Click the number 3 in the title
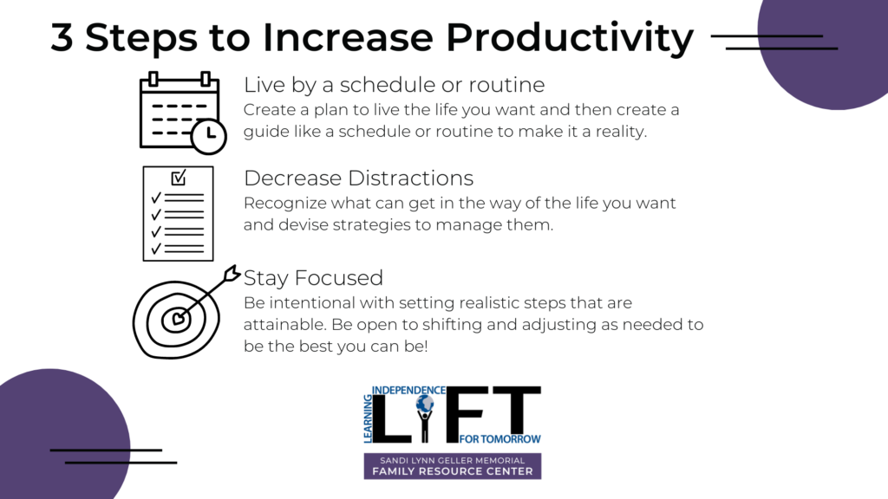(62, 37)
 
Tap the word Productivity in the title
(570, 38)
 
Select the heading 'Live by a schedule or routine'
(395, 85)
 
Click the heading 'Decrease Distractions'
(358, 178)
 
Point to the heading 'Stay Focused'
(313, 278)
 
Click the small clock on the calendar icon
(208, 136)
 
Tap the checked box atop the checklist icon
(179, 178)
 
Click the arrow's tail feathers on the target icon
(231, 274)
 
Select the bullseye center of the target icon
(178, 319)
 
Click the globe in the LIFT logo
(425, 404)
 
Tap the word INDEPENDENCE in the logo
(408, 391)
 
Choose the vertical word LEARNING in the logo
(368, 418)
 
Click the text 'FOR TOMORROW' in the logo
(500, 439)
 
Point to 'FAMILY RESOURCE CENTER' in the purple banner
(453, 471)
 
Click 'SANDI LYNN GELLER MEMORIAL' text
(453, 461)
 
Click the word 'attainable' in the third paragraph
(284, 325)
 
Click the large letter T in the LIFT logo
(517, 414)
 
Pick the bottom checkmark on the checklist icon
(156, 249)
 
